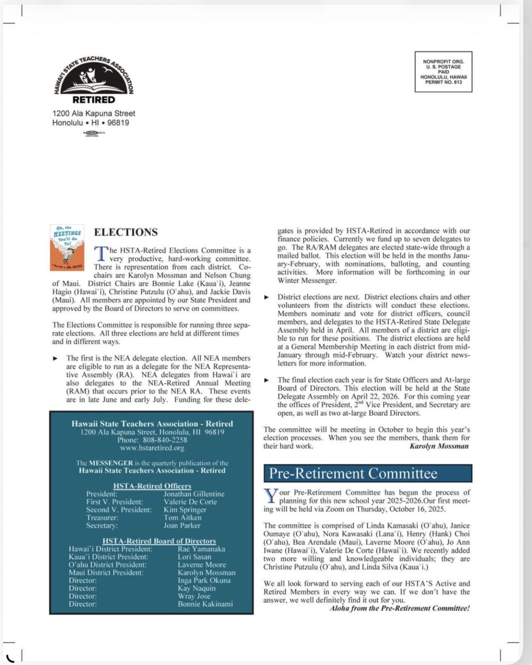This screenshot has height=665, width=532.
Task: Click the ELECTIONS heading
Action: (x=126, y=232)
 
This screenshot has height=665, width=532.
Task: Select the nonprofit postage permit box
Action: (x=443, y=72)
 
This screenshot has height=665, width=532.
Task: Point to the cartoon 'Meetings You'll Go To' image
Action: (x=67, y=248)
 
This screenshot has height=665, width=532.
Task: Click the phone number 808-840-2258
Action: (x=165, y=440)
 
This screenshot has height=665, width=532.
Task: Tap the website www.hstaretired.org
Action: (x=152, y=448)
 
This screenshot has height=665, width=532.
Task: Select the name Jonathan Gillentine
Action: (x=194, y=494)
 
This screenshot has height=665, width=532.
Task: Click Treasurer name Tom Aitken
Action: (x=182, y=518)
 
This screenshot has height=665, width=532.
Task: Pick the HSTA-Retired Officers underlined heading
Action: (x=152, y=486)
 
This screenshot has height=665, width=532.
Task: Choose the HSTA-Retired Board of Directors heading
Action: (x=159, y=541)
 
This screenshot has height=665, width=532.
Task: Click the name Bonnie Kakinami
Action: (x=205, y=604)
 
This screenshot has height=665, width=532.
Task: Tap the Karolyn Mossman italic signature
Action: (x=439, y=446)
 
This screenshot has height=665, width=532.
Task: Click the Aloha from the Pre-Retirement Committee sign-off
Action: (x=399, y=608)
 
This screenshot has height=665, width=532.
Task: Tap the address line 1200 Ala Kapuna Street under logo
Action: (x=93, y=113)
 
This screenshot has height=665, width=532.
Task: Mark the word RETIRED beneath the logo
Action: (x=93, y=100)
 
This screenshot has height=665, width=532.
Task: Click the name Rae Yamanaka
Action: (x=201, y=549)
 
